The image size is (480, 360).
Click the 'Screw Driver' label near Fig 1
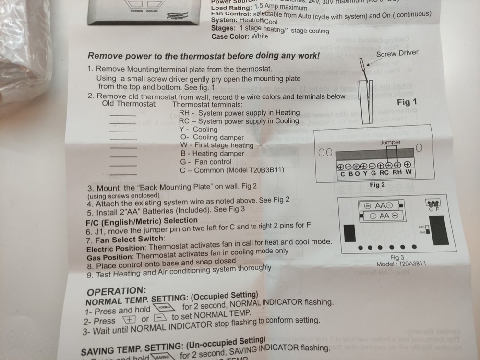pos(397,54)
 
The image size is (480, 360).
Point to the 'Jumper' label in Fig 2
pos(390,143)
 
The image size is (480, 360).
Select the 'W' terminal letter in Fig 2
pos(408,173)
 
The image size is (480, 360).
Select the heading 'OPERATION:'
pos(116,291)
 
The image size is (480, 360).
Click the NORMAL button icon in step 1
pos(164,308)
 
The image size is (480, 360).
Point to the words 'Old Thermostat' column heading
pos(129,103)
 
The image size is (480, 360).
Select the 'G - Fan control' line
pos(205,162)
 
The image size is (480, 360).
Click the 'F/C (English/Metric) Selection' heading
pos(141,221)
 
